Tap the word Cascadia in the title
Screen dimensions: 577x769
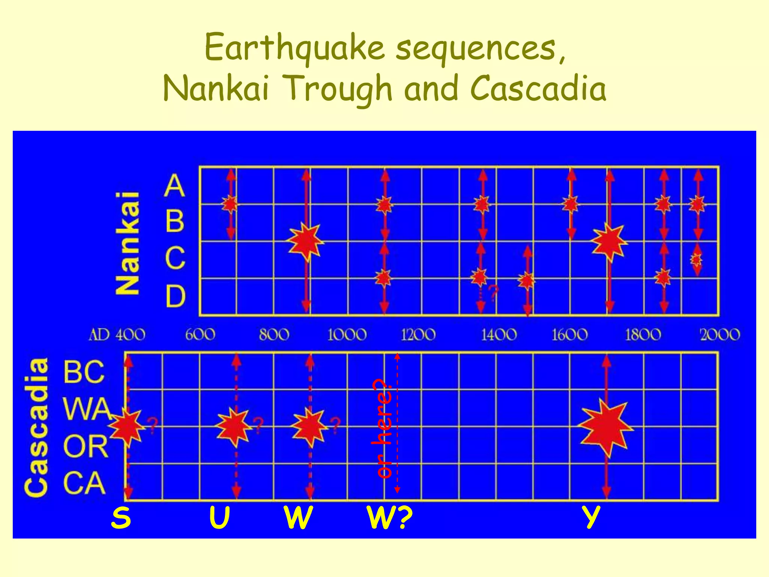click(x=538, y=89)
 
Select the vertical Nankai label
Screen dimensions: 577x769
click(x=128, y=243)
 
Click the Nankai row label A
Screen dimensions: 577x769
click(x=175, y=186)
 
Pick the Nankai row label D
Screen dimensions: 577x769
click(x=176, y=296)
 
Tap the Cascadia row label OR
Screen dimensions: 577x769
click(x=86, y=446)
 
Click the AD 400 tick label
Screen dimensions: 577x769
click(x=117, y=334)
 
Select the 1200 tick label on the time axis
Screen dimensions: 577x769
click(x=418, y=334)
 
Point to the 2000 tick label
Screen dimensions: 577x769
click(x=720, y=334)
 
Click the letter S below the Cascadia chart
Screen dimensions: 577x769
click(x=121, y=518)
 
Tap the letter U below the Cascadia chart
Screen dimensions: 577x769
click(x=219, y=518)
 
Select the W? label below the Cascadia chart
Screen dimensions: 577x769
click(x=390, y=518)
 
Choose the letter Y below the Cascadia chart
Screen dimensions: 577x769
click(x=591, y=518)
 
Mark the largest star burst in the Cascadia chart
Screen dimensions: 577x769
click(x=605, y=427)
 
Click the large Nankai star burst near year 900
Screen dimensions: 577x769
click(x=306, y=242)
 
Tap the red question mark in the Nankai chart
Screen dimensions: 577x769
click(x=493, y=293)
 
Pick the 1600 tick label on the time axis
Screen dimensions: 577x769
click(x=570, y=334)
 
